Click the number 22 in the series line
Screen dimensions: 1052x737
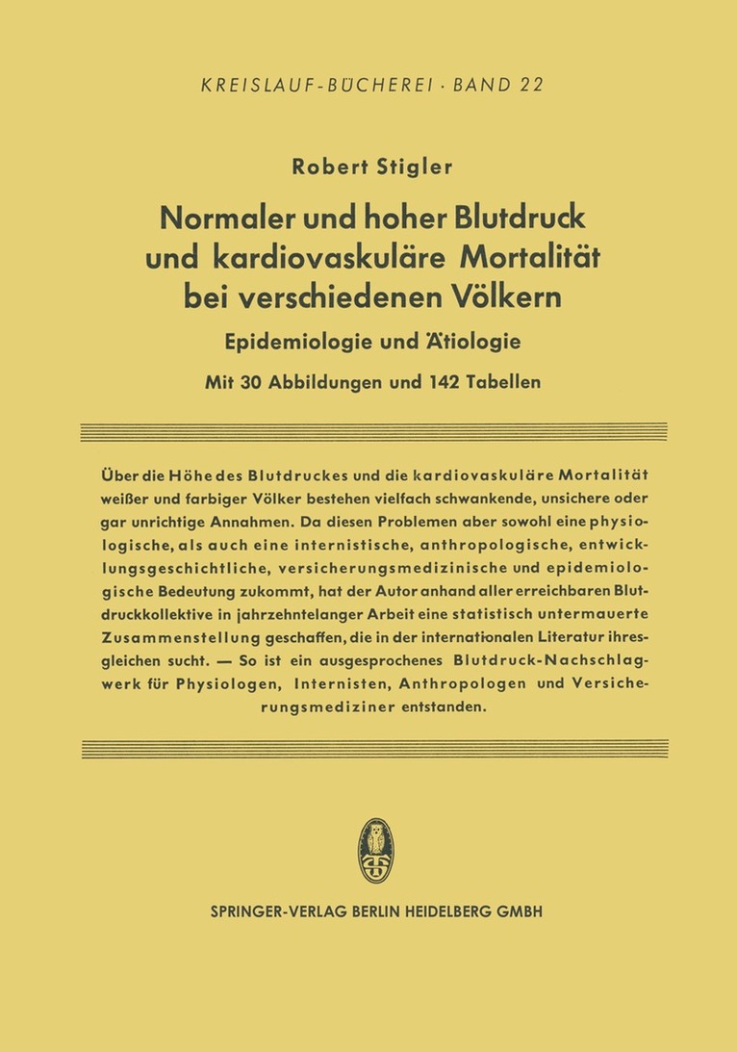click(530, 85)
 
